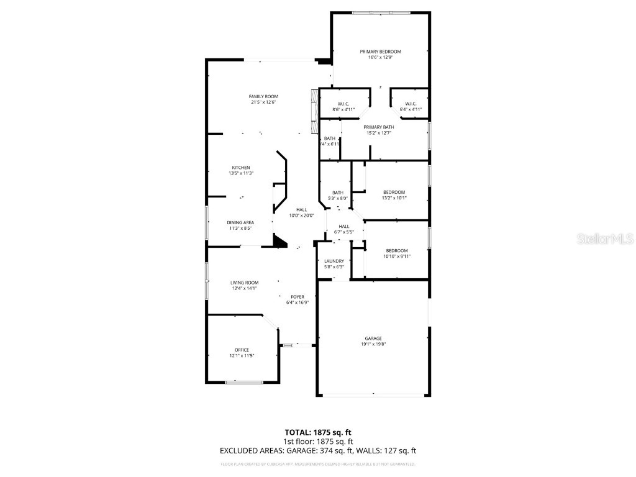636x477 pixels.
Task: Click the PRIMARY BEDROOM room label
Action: [380, 52]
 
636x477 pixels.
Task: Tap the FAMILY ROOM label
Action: [263, 96]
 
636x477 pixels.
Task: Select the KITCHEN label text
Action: [241, 168]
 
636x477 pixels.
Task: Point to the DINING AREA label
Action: [239, 222]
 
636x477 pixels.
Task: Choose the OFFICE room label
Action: [242, 350]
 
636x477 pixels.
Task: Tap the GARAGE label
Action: [373, 338]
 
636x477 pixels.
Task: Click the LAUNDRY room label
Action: [334, 261]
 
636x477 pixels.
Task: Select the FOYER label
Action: [298, 297]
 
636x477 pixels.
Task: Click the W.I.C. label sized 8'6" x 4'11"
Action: [343, 104]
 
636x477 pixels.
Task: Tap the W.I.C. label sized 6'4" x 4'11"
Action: [411, 104]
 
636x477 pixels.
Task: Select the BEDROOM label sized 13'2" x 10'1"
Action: [394, 192]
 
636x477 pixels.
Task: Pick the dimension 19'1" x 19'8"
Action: [373, 344]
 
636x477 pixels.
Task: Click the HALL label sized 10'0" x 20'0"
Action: [302, 210]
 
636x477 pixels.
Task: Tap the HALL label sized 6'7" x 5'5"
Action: [343, 226]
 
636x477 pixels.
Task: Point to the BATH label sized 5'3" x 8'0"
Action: [337, 193]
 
